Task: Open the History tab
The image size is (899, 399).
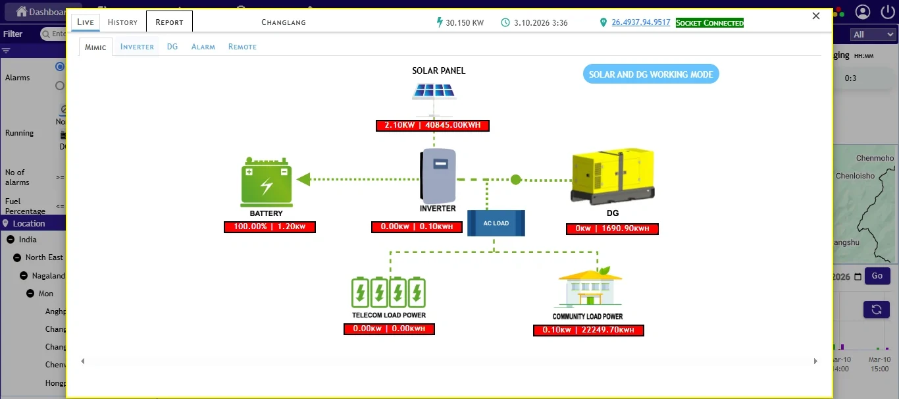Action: click(122, 22)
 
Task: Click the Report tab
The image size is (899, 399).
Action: click(169, 22)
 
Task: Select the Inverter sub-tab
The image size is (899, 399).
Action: click(137, 47)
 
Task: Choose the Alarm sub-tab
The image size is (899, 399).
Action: click(203, 47)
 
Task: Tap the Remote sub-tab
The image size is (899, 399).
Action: click(242, 47)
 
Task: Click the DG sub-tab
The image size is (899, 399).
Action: click(172, 47)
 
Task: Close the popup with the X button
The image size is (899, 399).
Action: click(816, 16)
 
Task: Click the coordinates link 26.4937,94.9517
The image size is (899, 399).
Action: click(641, 22)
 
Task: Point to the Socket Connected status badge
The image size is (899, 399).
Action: click(709, 23)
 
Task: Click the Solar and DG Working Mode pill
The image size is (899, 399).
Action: click(651, 74)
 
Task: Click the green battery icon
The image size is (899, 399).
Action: click(267, 182)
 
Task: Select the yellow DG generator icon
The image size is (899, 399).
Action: click(613, 176)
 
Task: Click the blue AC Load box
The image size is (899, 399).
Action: click(496, 223)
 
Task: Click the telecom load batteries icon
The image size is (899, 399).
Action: click(388, 292)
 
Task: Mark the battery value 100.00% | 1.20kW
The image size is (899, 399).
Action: click(270, 227)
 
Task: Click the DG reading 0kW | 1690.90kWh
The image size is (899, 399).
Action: click(612, 229)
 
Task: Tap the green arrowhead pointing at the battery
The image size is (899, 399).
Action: click(303, 179)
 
